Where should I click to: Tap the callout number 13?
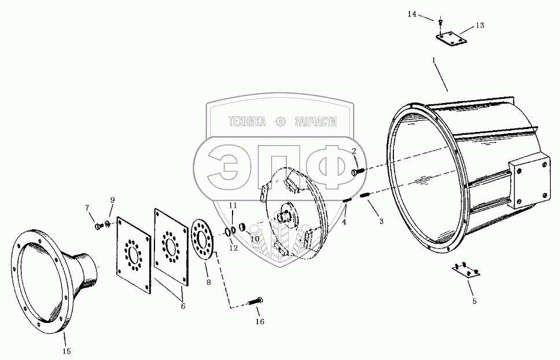[480, 25]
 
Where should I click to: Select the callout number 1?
[434, 60]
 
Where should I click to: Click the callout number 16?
[260, 321]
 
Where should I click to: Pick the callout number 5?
[474, 301]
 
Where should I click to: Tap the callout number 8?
[209, 282]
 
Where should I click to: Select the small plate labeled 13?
[450, 40]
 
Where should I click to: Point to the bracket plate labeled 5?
[466, 270]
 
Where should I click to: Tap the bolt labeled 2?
[357, 171]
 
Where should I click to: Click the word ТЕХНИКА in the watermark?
[247, 122]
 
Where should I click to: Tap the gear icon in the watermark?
[281, 122]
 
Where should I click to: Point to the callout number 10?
[255, 237]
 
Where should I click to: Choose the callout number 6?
[183, 306]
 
